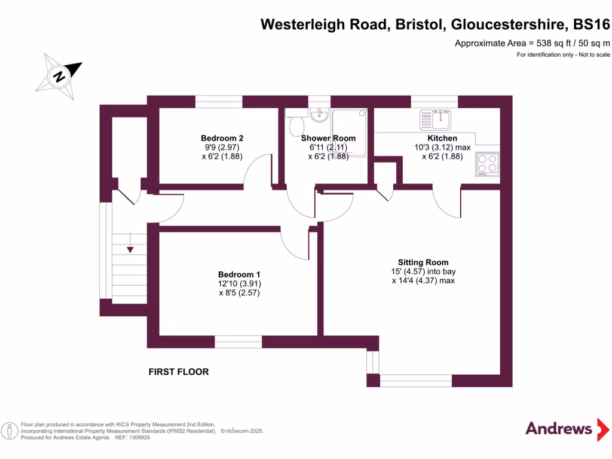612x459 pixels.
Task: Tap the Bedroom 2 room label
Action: tap(222, 138)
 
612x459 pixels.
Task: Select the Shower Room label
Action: tap(328, 138)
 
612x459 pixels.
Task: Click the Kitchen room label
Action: tap(442, 138)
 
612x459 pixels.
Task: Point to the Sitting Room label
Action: tap(423, 262)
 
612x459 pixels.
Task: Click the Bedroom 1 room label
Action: tap(239, 274)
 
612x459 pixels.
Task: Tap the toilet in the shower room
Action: tap(296, 126)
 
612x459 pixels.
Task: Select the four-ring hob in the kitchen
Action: tap(486, 163)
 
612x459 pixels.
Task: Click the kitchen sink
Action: tap(435, 118)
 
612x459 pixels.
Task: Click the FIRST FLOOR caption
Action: tap(179, 372)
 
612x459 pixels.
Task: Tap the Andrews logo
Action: tap(559, 429)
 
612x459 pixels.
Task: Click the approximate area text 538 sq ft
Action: tap(533, 42)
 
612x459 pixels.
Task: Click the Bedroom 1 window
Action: tap(238, 342)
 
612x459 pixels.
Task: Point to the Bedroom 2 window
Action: tap(219, 102)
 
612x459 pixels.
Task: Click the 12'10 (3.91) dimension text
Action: tap(240, 284)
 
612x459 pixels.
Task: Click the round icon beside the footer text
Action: tap(9, 430)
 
